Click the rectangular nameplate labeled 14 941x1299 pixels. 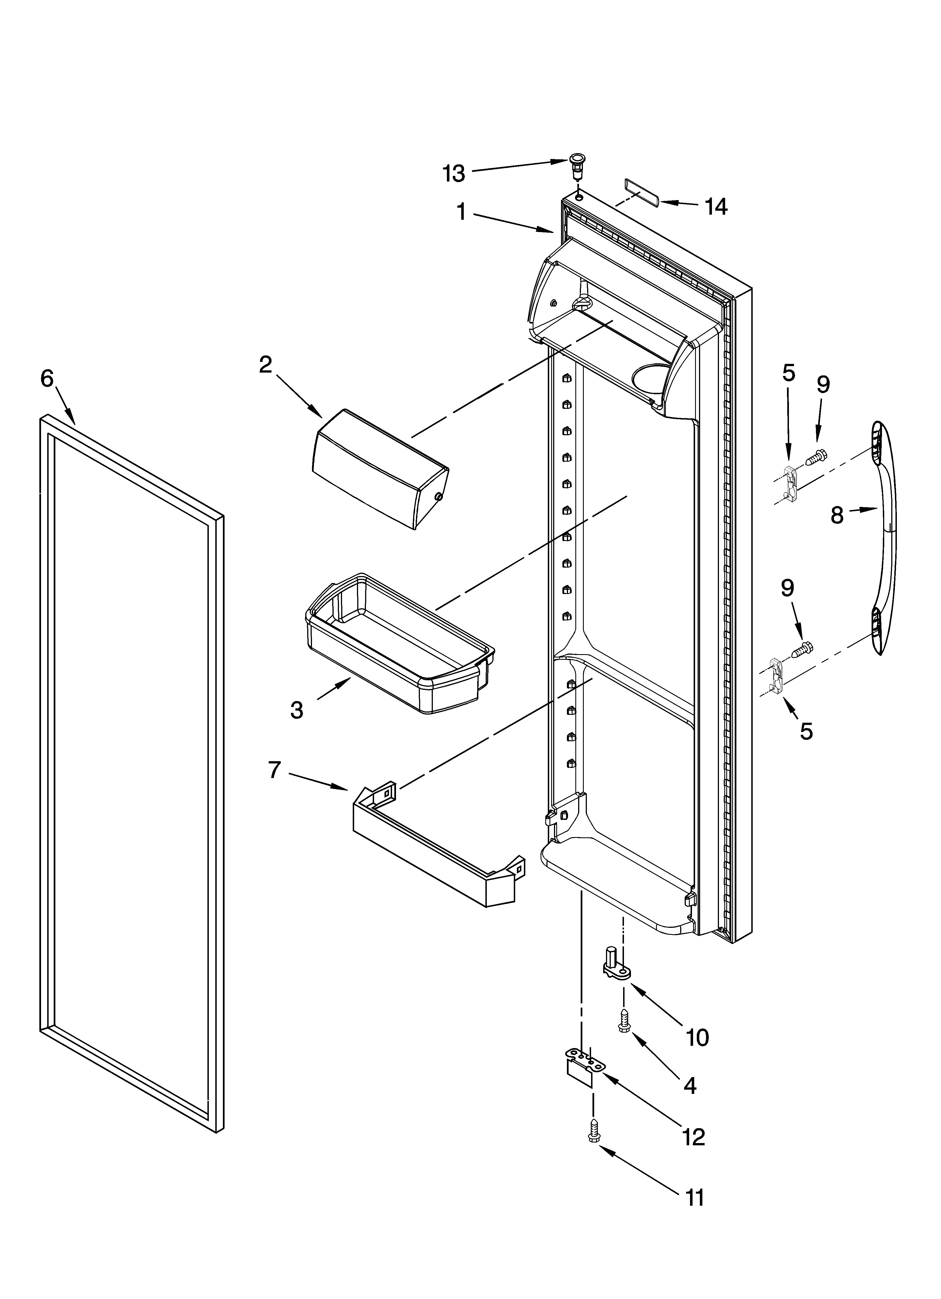[x=640, y=190]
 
